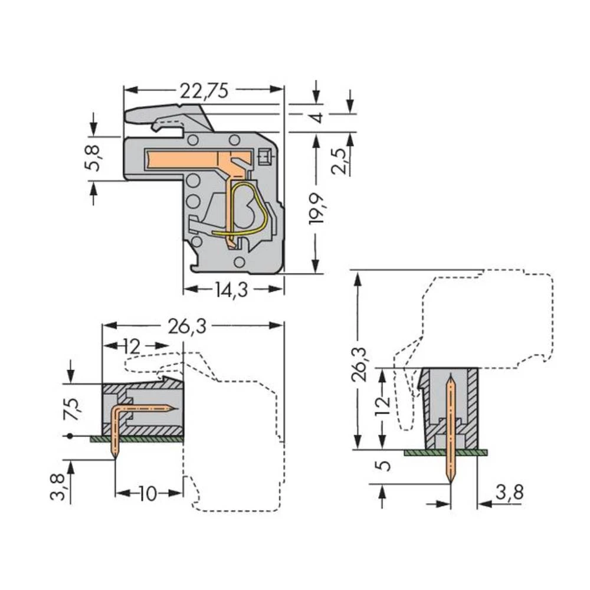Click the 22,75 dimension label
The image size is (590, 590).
point(203,90)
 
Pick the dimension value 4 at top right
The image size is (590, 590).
point(317,116)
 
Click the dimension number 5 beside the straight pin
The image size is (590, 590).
point(383,466)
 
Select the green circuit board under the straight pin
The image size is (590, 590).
point(446,453)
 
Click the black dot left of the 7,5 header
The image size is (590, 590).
point(71,437)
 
